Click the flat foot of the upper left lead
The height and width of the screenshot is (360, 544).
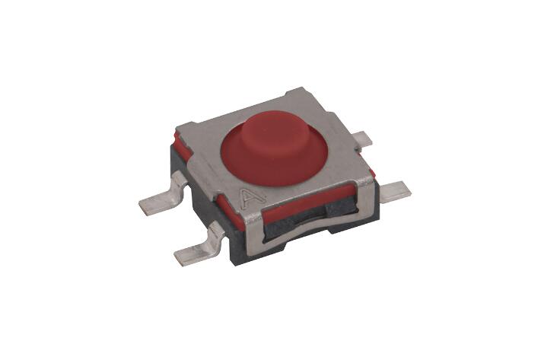click(155, 205)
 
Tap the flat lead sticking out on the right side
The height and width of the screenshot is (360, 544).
click(396, 191)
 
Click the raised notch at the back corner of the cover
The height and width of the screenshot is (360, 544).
click(296, 92)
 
